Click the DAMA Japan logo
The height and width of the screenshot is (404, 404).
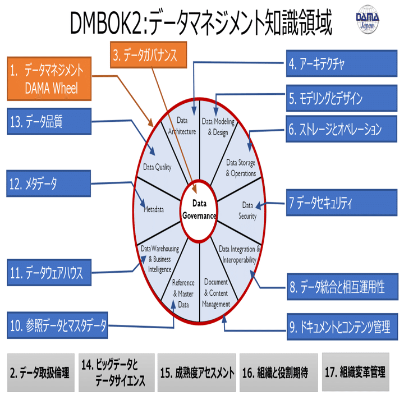(368, 21)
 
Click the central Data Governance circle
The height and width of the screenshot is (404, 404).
(200, 208)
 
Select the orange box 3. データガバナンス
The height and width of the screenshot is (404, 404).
(145, 55)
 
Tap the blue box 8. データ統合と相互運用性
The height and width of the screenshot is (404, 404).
(340, 288)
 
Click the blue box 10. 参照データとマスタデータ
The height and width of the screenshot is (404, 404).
(59, 324)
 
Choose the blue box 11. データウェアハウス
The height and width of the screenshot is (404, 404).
(49, 273)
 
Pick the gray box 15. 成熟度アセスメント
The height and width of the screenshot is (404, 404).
(196, 373)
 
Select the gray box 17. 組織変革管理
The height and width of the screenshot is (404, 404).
(355, 372)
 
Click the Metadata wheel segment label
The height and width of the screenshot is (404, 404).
(153, 209)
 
